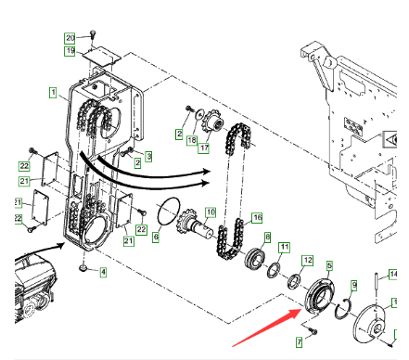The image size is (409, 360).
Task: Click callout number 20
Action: (70, 38)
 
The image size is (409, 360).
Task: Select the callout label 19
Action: (70, 51)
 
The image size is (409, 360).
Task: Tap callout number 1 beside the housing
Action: (53, 93)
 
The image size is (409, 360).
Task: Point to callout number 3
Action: (148, 157)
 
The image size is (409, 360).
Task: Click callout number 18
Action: (192, 140)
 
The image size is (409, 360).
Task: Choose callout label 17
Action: (204, 148)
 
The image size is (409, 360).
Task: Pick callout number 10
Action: (211, 212)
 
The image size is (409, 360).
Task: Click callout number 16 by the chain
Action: (257, 218)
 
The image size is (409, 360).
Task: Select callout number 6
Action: (156, 238)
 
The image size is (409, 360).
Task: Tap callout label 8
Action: (267, 238)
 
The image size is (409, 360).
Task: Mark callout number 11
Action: (285, 248)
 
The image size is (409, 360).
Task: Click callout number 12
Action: (308, 260)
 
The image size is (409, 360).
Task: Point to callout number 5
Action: (329, 265)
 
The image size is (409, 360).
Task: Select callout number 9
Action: (354, 286)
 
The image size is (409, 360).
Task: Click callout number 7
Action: (299, 342)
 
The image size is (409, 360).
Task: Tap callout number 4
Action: (103, 272)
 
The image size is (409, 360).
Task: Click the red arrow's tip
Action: (301, 309)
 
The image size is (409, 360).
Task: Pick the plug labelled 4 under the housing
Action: (83, 268)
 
